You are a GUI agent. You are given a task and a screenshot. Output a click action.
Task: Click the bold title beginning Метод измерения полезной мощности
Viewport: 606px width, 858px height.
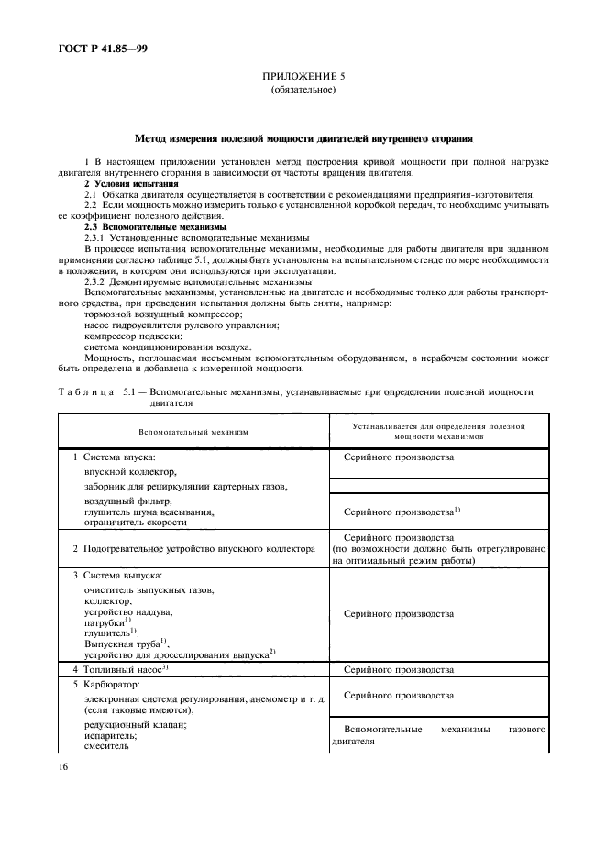tap(303, 139)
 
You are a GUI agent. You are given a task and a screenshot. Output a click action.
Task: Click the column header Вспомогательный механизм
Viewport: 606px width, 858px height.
tap(193, 431)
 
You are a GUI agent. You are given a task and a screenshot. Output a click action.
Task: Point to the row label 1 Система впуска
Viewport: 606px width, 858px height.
tap(115, 456)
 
